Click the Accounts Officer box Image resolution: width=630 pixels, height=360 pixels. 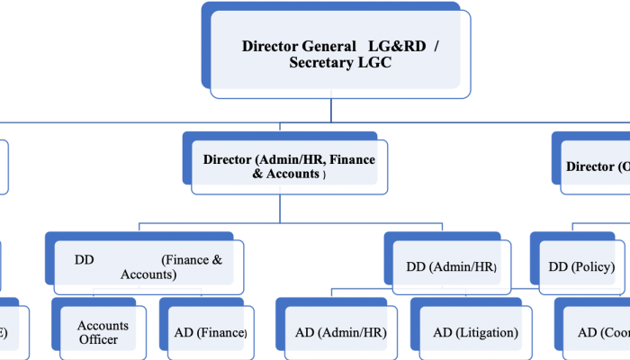[x=103, y=332]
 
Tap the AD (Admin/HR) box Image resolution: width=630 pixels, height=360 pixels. [x=340, y=332]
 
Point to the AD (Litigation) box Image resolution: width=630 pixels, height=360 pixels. [x=475, y=332]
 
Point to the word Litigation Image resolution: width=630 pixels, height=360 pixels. [x=486, y=332]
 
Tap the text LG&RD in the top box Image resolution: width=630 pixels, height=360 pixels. [x=397, y=46]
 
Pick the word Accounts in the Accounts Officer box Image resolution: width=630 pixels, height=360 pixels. [x=103, y=325]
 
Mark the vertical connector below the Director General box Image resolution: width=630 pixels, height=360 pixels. [x=331, y=109]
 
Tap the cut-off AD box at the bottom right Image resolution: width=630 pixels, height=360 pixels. [x=598, y=332]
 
